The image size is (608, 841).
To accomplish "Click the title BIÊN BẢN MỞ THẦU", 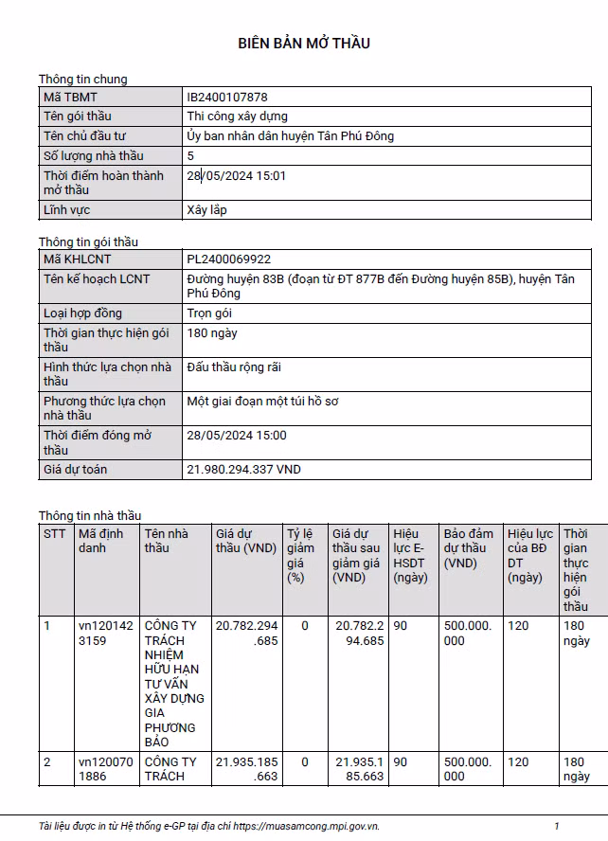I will (x=304, y=44).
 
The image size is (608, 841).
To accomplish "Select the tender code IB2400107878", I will (x=227, y=97).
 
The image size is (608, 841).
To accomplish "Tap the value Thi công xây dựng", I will (x=238, y=116).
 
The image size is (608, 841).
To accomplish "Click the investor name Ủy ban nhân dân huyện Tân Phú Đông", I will (x=291, y=135).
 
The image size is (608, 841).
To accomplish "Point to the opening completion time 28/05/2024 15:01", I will (x=237, y=175).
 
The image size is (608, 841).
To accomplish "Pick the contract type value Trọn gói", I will (x=210, y=313).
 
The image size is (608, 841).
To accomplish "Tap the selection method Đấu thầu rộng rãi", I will (x=234, y=367).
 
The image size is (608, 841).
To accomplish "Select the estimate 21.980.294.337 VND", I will (x=244, y=469).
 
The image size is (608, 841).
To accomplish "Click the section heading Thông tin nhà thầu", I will (x=89, y=515).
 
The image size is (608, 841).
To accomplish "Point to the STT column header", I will (x=54, y=533).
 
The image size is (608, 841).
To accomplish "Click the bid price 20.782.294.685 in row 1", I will (x=246, y=633).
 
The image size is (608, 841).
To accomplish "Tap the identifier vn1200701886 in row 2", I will (x=105, y=769).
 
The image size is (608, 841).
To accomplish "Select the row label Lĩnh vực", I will (x=67, y=209).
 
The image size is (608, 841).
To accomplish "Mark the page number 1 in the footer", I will (x=557, y=826).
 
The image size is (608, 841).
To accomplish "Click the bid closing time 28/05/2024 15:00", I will (x=237, y=435).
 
